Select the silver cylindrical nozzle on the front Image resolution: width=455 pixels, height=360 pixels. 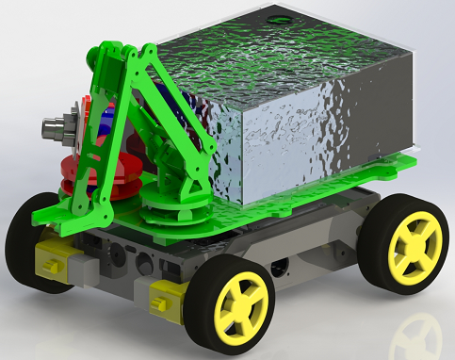click(x=55, y=129)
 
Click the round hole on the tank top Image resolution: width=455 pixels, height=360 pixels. click(x=280, y=19)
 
